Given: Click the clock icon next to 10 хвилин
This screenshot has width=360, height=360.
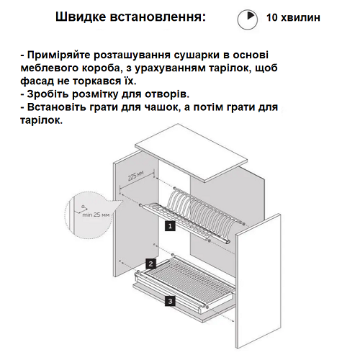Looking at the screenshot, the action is pyautogui.click(x=248, y=19).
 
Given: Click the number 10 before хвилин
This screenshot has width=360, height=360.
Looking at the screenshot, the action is pyautogui.click(x=271, y=17).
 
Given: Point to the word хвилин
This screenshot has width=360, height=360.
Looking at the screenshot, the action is pyautogui.click(x=300, y=17).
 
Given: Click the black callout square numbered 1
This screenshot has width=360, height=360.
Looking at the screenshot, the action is pyautogui.click(x=170, y=226).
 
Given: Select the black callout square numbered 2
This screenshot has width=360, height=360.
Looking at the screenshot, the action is pyautogui.click(x=150, y=264).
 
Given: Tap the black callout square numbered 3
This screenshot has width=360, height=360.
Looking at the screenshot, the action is pyautogui.click(x=170, y=301).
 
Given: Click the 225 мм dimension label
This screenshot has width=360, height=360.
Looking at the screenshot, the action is pyautogui.click(x=135, y=176).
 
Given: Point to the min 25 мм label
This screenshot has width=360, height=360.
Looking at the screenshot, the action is pyautogui.click(x=96, y=215).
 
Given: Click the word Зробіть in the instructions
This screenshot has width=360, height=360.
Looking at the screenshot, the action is pyautogui.click(x=48, y=94).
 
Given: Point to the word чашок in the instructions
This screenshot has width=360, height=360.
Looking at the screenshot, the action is pyautogui.click(x=161, y=107).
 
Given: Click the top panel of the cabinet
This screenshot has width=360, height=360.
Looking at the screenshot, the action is pyautogui.click(x=191, y=153).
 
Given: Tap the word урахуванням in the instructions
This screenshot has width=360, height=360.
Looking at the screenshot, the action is pyautogui.click(x=169, y=68).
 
